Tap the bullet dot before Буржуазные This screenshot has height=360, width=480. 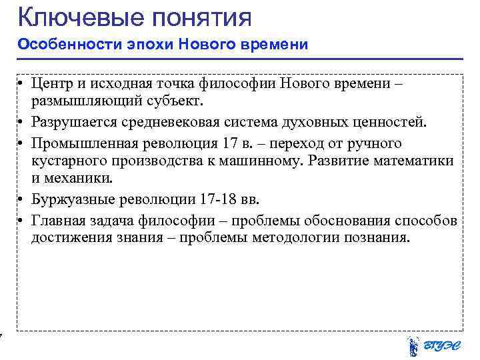[x=22, y=199]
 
